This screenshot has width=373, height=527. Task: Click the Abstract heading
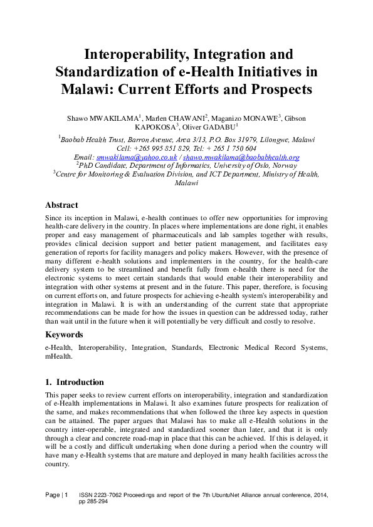tap(61, 205)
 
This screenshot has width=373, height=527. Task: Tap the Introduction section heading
tap(80, 382)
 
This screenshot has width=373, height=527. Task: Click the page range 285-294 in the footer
tap(97, 502)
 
